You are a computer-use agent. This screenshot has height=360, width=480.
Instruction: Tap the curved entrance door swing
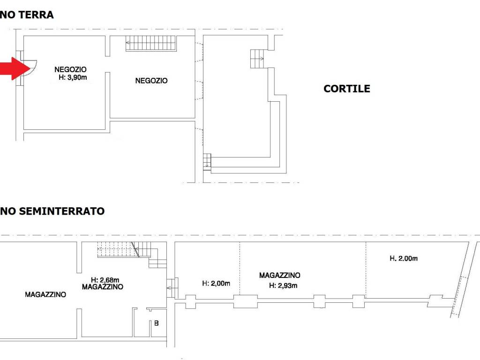pos(29,68)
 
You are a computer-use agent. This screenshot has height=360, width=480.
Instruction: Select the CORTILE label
pos(346,89)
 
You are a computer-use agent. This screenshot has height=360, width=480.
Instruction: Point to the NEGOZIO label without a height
pos(151,81)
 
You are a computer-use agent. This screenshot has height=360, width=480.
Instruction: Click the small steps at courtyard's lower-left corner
pos(207,161)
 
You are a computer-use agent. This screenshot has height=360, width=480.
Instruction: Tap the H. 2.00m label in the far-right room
pos(404,258)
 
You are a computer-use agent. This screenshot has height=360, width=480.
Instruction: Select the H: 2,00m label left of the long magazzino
pos(216,283)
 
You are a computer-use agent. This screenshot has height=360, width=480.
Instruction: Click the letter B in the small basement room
pos(157,323)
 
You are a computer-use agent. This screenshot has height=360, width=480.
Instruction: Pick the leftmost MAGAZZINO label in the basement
pos(45,295)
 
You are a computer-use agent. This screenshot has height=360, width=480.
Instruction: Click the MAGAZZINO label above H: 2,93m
pos(280,276)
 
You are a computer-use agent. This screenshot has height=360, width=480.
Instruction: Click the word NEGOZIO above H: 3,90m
pos(70,69)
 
